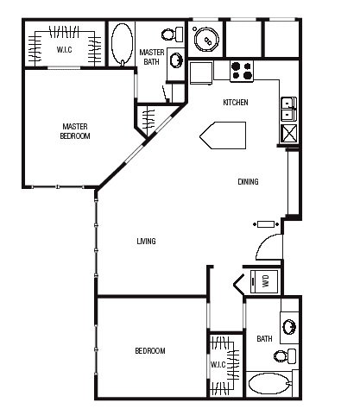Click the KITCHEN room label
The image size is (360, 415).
point(236,103)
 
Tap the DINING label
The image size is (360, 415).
point(248,182)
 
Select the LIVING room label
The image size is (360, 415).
point(146,241)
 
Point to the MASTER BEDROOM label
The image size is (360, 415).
point(75,131)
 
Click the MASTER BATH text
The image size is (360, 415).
point(152,57)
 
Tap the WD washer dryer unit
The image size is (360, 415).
point(264,281)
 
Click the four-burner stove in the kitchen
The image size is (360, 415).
point(242,71)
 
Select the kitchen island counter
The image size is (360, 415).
point(223,135)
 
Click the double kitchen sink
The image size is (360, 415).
point(288,110)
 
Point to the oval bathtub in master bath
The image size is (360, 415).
point(122,44)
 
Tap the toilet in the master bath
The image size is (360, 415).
point(173,35)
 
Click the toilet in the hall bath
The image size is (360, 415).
point(285,356)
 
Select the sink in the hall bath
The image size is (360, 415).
point(289,327)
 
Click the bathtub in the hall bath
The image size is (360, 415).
point(270,383)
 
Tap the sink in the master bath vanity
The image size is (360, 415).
point(176,60)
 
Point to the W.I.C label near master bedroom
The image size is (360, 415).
point(64,50)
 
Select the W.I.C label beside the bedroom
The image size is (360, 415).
point(218,365)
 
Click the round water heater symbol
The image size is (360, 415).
point(206,40)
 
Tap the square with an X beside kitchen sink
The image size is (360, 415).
point(289,133)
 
